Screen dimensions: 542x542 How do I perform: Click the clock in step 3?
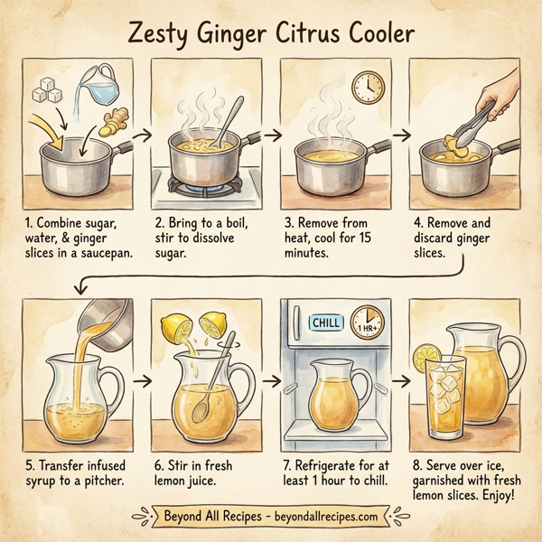pos(367,88)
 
